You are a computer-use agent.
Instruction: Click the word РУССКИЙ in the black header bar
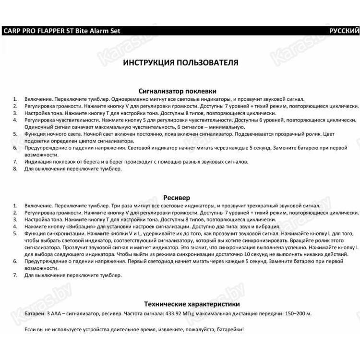[343, 31]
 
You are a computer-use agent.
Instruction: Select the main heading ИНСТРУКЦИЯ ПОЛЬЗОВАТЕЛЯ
[180, 63]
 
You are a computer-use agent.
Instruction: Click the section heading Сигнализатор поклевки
[177, 91]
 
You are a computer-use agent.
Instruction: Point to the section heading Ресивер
[177, 198]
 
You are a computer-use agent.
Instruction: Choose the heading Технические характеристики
[192, 304]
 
